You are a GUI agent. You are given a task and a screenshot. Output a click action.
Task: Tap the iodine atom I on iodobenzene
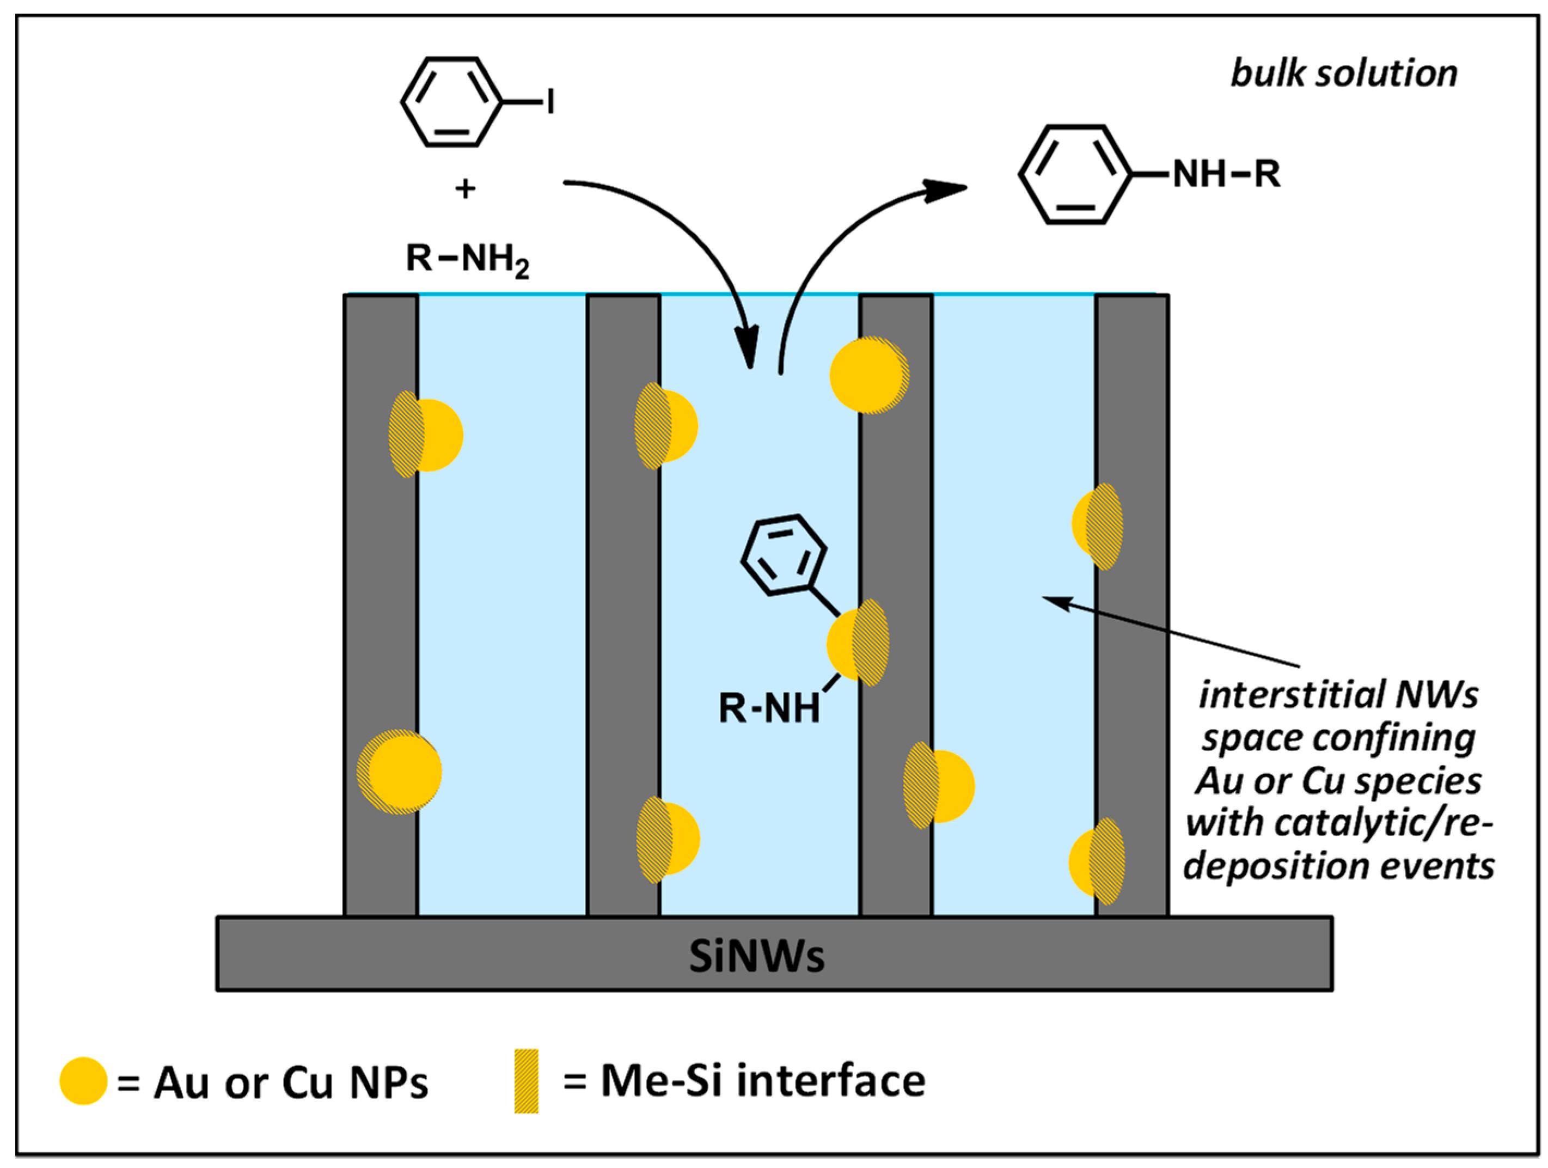(551, 102)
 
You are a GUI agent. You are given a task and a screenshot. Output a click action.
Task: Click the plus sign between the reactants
(466, 189)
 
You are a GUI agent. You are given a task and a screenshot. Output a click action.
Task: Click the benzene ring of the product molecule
(1075, 174)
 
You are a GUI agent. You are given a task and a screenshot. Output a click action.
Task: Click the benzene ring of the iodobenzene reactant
(452, 102)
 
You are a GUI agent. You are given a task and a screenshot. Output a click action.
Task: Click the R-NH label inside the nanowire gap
(768, 708)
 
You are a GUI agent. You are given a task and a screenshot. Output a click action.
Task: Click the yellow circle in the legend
(83, 1080)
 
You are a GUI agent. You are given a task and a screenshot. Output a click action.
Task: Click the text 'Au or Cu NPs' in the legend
(290, 1083)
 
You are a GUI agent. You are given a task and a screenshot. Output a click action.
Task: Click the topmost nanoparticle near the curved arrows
(868, 375)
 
